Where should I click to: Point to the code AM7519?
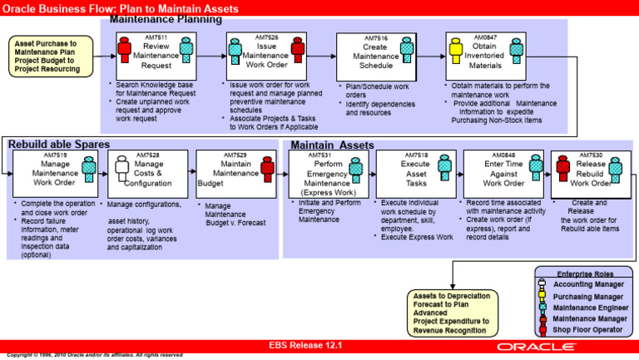pos(55,155)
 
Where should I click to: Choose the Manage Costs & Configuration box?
pos(146,173)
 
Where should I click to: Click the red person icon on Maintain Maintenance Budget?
pos(267,168)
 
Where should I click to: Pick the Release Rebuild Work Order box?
pos(586,173)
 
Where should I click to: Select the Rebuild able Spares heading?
pos(58,145)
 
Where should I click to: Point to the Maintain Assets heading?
pos(333,145)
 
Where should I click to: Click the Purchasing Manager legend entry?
pos(587,296)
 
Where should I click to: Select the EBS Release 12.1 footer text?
pos(305,344)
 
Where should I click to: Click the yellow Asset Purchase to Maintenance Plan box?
pos(47,56)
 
